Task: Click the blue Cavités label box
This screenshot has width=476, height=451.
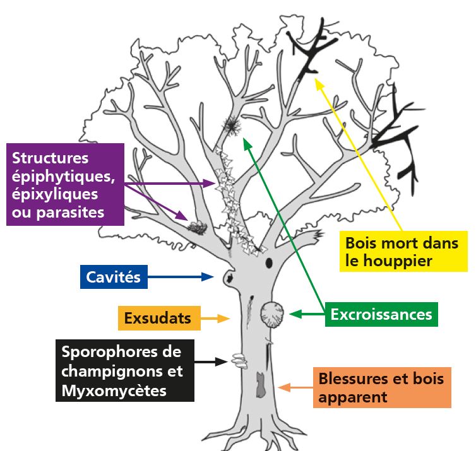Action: [114, 277]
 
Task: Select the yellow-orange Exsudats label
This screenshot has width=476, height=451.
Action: [159, 318]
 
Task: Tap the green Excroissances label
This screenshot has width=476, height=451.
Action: [381, 315]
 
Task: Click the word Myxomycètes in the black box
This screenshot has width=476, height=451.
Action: [114, 390]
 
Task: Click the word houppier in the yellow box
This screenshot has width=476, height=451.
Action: [398, 261]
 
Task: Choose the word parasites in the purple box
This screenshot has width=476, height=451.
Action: [71, 213]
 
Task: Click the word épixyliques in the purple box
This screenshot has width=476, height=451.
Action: [55, 195]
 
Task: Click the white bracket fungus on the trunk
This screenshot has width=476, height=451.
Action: [239, 361]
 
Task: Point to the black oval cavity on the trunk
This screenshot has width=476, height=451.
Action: [269, 262]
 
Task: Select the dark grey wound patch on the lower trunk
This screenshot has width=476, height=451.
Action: [261, 385]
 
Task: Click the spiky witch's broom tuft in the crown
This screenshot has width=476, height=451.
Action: [232, 125]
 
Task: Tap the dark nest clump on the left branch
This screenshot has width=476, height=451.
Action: [198, 228]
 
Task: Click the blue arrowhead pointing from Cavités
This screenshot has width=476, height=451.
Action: [208, 277]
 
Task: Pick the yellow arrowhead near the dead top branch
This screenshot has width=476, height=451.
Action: [319, 83]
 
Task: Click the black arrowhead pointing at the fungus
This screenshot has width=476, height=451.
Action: [222, 361]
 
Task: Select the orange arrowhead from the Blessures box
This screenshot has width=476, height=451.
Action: [284, 387]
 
